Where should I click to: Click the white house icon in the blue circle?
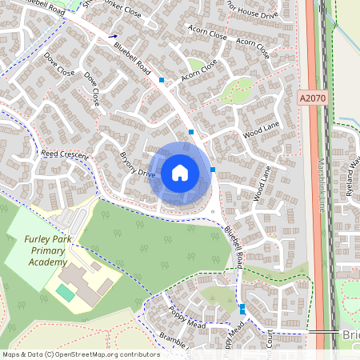point(180,173)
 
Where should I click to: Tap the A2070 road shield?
point(313,98)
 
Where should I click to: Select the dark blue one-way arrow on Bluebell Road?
point(114,36)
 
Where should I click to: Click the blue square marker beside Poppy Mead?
point(242,308)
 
